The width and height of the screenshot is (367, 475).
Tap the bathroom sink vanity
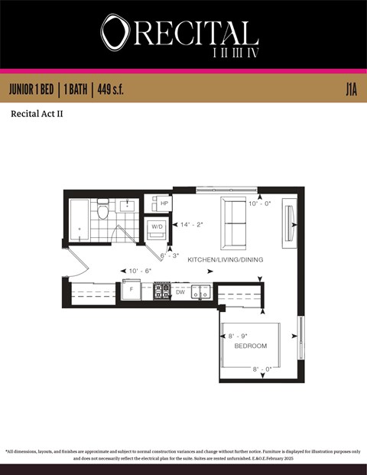(x=127, y=205)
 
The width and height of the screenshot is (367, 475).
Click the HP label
(x=164, y=203)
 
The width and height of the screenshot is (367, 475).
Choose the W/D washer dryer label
(x=157, y=227)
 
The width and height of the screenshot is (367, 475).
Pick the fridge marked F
(x=130, y=291)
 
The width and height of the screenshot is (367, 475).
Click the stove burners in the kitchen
(x=162, y=291)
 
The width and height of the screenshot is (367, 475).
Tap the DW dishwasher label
(x=180, y=291)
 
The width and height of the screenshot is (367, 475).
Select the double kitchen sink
(x=202, y=291)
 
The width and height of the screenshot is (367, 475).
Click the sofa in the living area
(x=234, y=223)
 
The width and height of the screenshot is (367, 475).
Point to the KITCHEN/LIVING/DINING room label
(x=225, y=260)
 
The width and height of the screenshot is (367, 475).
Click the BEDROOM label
(x=250, y=346)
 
